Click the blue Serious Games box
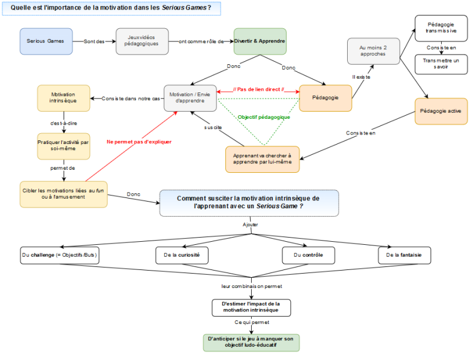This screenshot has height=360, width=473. point(46,41)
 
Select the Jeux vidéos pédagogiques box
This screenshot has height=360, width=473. point(142,41)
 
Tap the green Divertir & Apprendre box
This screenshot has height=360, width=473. point(260,41)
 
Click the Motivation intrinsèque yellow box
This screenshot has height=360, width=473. point(64,98)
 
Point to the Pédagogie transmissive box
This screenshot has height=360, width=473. point(441,28)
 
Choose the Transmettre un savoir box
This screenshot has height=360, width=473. point(441,64)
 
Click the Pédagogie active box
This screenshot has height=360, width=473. point(441,111)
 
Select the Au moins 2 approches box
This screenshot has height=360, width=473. point(373,51)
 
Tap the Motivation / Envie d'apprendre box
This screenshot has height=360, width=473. point(190,98)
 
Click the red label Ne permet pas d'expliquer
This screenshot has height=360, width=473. point(139,142)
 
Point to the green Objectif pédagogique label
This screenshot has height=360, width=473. point(264,117)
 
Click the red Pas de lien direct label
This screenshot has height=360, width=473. point(258,89)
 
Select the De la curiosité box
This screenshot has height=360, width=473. point(182,255)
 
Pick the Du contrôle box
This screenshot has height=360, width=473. point(308,255)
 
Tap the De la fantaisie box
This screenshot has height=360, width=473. point(405,255)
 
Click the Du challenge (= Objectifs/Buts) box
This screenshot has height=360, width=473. point(60,255)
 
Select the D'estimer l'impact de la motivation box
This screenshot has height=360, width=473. point(251,308)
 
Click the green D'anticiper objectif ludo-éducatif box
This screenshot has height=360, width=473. point(251,343)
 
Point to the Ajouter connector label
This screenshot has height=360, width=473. point(251,224)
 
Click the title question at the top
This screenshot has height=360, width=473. point(112,8)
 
